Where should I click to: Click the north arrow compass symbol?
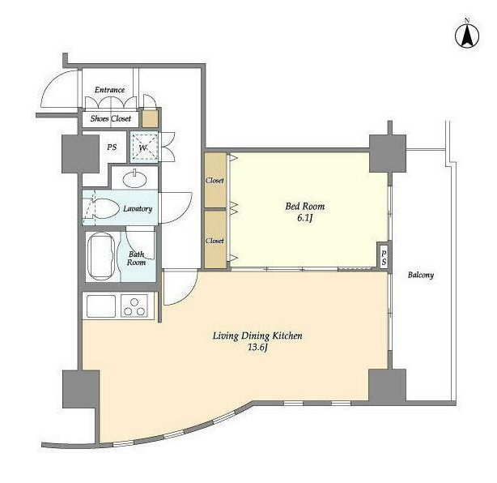tap(467, 36)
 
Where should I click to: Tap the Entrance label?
tap(109, 90)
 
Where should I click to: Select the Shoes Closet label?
tap(111, 118)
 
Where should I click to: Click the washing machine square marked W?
tap(144, 147)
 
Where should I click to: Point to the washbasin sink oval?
tap(135, 180)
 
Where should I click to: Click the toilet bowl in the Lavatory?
tap(106, 208)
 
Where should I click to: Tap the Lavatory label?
tap(138, 208)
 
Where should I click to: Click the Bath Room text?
tap(136, 259)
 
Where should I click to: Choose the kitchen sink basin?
tap(101, 306)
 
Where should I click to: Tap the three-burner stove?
tap(134, 306)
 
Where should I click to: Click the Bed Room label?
tap(305, 207)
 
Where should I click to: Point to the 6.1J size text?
tap(305, 218)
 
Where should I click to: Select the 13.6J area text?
tap(257, 348)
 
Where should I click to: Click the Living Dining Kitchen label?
tap(257, 336)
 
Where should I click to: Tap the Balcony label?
tap(421, 275)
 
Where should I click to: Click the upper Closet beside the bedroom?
tap(215, 180)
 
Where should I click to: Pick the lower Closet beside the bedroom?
tap(215, 240)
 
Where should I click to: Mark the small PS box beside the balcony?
tap(384, 258)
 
